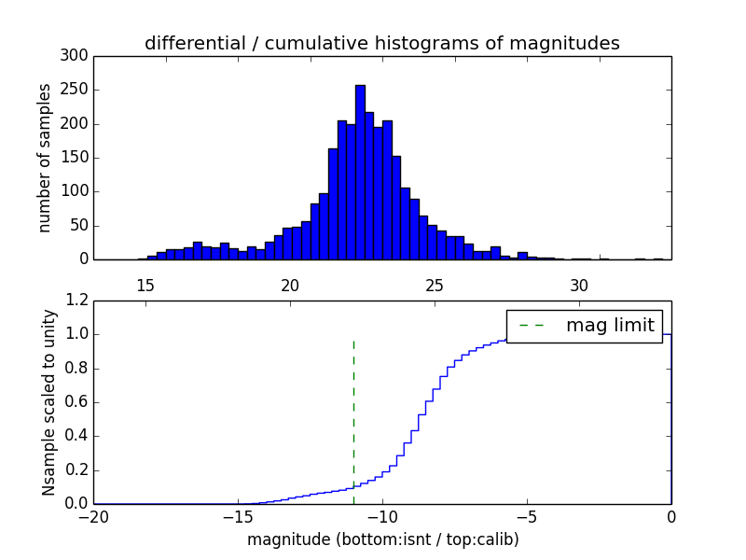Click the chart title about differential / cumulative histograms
[382, 43]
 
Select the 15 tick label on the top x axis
[145, 285]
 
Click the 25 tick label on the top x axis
[435, 285]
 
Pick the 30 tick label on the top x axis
[579, 285]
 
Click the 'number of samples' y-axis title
[45, 158]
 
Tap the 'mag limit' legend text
[610, 325]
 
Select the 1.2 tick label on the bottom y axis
[77, 301]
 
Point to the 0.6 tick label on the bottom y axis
[77, 402]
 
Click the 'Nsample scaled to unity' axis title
[48, 402]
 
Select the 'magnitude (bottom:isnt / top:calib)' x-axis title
[382, 539]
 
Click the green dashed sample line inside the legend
[532, 325]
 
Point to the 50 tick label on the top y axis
[81, 226]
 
